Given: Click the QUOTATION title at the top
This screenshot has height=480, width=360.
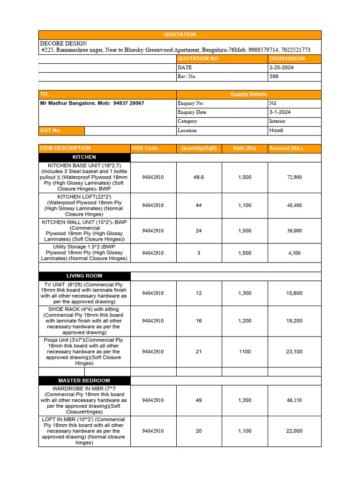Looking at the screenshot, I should click(x=180, y=35).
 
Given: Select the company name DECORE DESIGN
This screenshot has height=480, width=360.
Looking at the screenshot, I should click(x=63, y=43).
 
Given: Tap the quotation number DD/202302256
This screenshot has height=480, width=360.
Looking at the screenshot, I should click(x=287, y=59).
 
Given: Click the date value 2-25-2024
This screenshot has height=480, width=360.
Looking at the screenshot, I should click(x=281, y=67).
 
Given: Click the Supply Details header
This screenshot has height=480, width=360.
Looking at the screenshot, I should click(x=248, y=94).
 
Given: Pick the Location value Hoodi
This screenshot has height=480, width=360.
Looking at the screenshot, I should click(x=276, y=130).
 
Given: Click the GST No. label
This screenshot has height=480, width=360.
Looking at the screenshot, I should click(x=51, y=130).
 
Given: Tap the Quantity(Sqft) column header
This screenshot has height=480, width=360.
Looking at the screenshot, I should click(x=199, y=148).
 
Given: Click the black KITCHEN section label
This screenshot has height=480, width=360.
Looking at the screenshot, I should click(x=84, y=157).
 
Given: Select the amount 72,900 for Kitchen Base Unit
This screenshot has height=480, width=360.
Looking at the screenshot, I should click(x=294, y=177).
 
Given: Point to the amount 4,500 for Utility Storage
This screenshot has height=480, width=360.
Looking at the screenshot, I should click(x=294, y=253).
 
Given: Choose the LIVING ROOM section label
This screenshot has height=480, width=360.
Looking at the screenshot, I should click(x=84, y=276).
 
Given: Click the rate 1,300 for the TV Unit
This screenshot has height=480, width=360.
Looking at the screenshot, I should click(x=245, y=293).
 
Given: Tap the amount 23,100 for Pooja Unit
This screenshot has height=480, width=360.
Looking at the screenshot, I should click(x=294, y=352).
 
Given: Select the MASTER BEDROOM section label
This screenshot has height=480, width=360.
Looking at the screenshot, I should click(x=84, y=381).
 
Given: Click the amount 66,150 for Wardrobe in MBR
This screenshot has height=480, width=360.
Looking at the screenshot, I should click(x=294, y=400).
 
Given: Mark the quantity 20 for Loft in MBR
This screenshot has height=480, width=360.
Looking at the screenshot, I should click(x=199, y=431).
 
